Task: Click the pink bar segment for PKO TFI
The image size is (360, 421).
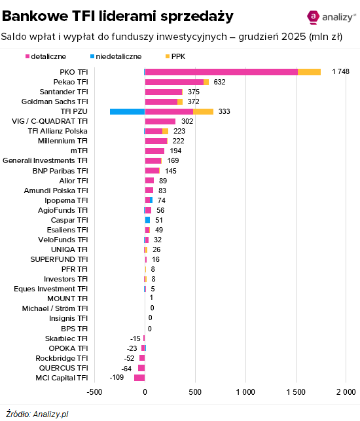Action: (x=221, y=72)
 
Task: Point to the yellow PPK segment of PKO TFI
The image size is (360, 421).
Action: (x=309, y=72)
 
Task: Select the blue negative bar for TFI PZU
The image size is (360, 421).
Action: (x=127, y=111)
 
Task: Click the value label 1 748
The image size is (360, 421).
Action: (x=340, y=72)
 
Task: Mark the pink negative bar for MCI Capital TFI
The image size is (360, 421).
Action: (x=139, y=378)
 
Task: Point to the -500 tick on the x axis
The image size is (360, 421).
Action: (x=94, y=392)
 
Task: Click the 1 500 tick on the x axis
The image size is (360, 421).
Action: (x=296, y=392)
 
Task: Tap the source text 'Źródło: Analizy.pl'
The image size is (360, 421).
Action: (x=37, y=413)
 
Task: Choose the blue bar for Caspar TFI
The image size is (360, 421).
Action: (x=147, y=220)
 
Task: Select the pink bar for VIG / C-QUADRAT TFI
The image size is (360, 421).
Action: (x=160, y=121)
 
